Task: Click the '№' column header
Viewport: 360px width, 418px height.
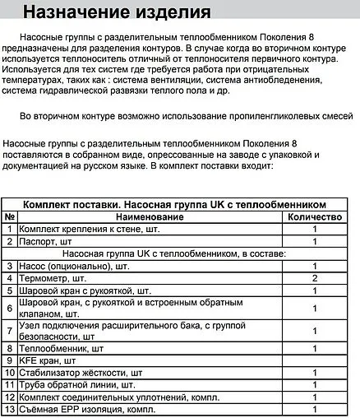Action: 10,217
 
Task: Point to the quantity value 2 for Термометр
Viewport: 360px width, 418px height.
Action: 315,279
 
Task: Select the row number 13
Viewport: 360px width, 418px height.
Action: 10,409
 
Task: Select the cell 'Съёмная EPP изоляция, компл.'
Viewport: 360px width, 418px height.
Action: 88,409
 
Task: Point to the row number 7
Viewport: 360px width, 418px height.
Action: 10,330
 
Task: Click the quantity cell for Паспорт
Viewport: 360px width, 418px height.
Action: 315,242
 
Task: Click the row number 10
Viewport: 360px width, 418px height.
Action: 10,373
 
